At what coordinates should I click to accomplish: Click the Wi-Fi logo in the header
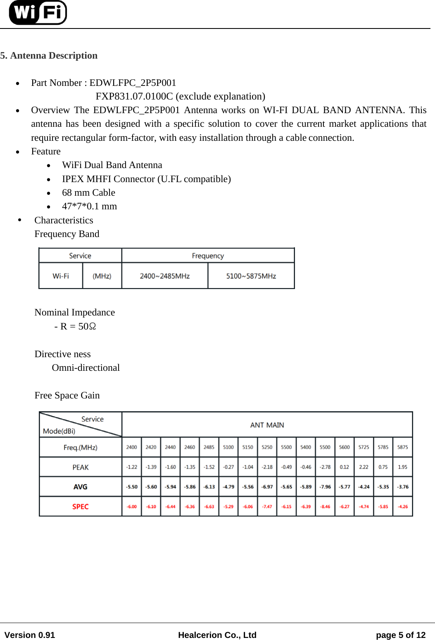38,12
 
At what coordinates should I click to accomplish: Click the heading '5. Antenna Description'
49,56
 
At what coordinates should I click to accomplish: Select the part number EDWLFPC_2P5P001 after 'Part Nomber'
133,83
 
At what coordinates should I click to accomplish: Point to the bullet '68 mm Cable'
88,193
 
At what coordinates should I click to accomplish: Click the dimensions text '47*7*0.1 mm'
89,206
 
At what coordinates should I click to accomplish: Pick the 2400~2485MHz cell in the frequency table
164,276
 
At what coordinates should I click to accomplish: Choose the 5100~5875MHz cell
251,276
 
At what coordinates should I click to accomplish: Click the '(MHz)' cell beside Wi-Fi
102,276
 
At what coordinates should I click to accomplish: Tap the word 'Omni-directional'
86,368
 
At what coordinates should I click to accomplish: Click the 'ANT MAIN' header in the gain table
267,425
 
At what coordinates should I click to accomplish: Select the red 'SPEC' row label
80,507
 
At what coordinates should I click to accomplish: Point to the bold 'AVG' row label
80,487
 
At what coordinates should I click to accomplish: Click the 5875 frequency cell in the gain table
402,447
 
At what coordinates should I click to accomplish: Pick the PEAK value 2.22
364,467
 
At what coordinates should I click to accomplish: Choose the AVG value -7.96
325,487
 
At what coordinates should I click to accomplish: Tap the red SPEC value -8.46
325,507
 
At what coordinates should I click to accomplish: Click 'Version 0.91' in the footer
30,635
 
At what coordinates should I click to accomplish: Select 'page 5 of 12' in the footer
400,635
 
